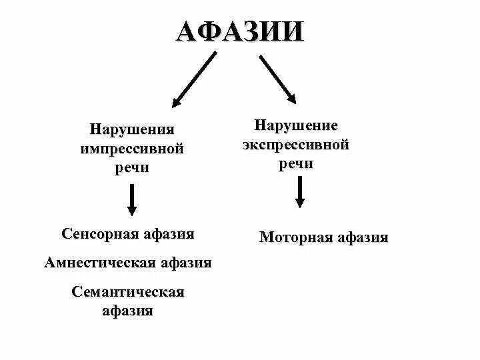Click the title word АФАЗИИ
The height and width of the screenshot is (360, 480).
coord(239,31)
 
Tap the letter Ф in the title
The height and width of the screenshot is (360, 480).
coord(214,31)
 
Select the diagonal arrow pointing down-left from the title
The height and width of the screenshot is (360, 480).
coord(194,80)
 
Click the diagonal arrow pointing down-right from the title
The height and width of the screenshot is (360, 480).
coord(278,79)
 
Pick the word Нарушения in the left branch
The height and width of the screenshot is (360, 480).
coord(132,127)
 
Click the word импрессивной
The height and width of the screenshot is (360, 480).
coord(132,147)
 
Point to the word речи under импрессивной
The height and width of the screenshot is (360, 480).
coord(132,167)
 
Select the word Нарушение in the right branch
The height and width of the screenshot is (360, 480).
coord(296,125)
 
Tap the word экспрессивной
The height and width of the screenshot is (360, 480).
coord(296,145)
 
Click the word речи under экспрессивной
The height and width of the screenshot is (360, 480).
coord(296,164)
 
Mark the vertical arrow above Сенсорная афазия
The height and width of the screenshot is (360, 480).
coord(133,200)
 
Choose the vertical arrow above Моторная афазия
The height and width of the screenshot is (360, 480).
coord(301,193)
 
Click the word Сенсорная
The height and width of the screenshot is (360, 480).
coord(99,234)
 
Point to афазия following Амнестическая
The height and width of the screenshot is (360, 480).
coord(185,263)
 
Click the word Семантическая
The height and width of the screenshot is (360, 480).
coord(127,292)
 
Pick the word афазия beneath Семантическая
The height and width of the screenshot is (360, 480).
coord(127,311)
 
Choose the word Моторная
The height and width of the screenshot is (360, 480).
coord(293,237)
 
